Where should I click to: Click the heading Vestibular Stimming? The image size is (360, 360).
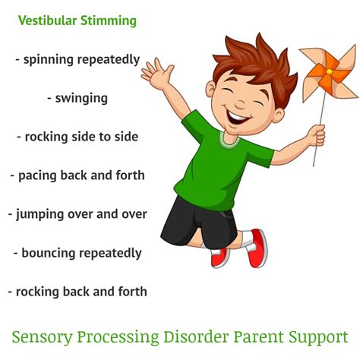pos(77,21)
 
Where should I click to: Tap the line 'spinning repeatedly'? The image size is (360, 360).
pos(77,58)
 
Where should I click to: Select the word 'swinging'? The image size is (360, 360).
pos(77,97)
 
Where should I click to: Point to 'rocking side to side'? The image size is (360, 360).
pos(77,137)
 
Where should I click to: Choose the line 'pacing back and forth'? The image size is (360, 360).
pos(77,175)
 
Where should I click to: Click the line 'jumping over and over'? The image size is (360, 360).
pos(77,214)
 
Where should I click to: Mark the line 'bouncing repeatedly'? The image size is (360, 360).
pos(77,252)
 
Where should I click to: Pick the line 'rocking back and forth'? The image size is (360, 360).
pos(77,291)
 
